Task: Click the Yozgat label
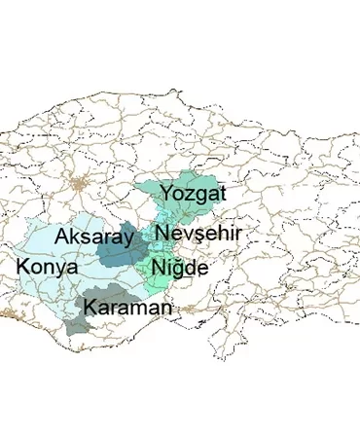coord(193,194)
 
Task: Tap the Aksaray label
coord(94,237)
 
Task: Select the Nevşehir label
coord(198,234)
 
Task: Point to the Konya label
coord(46,266)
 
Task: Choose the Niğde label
coord(178,268)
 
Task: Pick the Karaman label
coord(128,308)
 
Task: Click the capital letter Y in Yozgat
coord(167,193)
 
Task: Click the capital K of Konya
coord(23,266)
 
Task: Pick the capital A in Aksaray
coord(64,237)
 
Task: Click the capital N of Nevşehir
coord(162,234)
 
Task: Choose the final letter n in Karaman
coord(166,310)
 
